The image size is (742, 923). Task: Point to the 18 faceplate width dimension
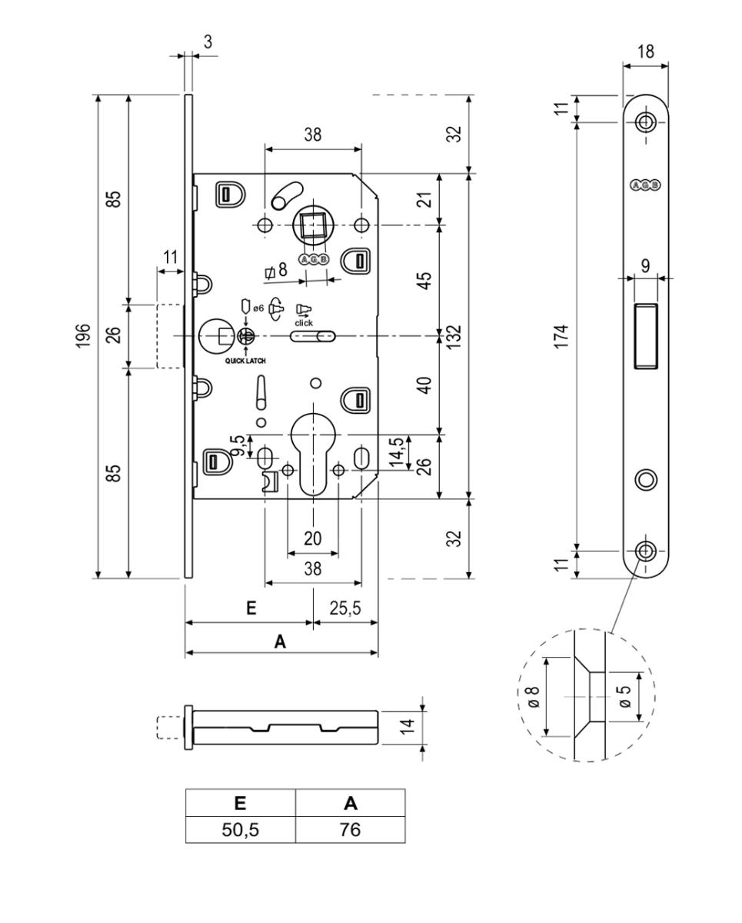[646, 52]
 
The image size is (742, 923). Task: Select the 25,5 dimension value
[345, 608]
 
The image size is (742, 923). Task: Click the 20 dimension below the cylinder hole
[312, 538]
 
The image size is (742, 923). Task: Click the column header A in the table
[350, 804]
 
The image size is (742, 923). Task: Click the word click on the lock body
[303, 322]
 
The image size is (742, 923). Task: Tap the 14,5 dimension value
[398, 452]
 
